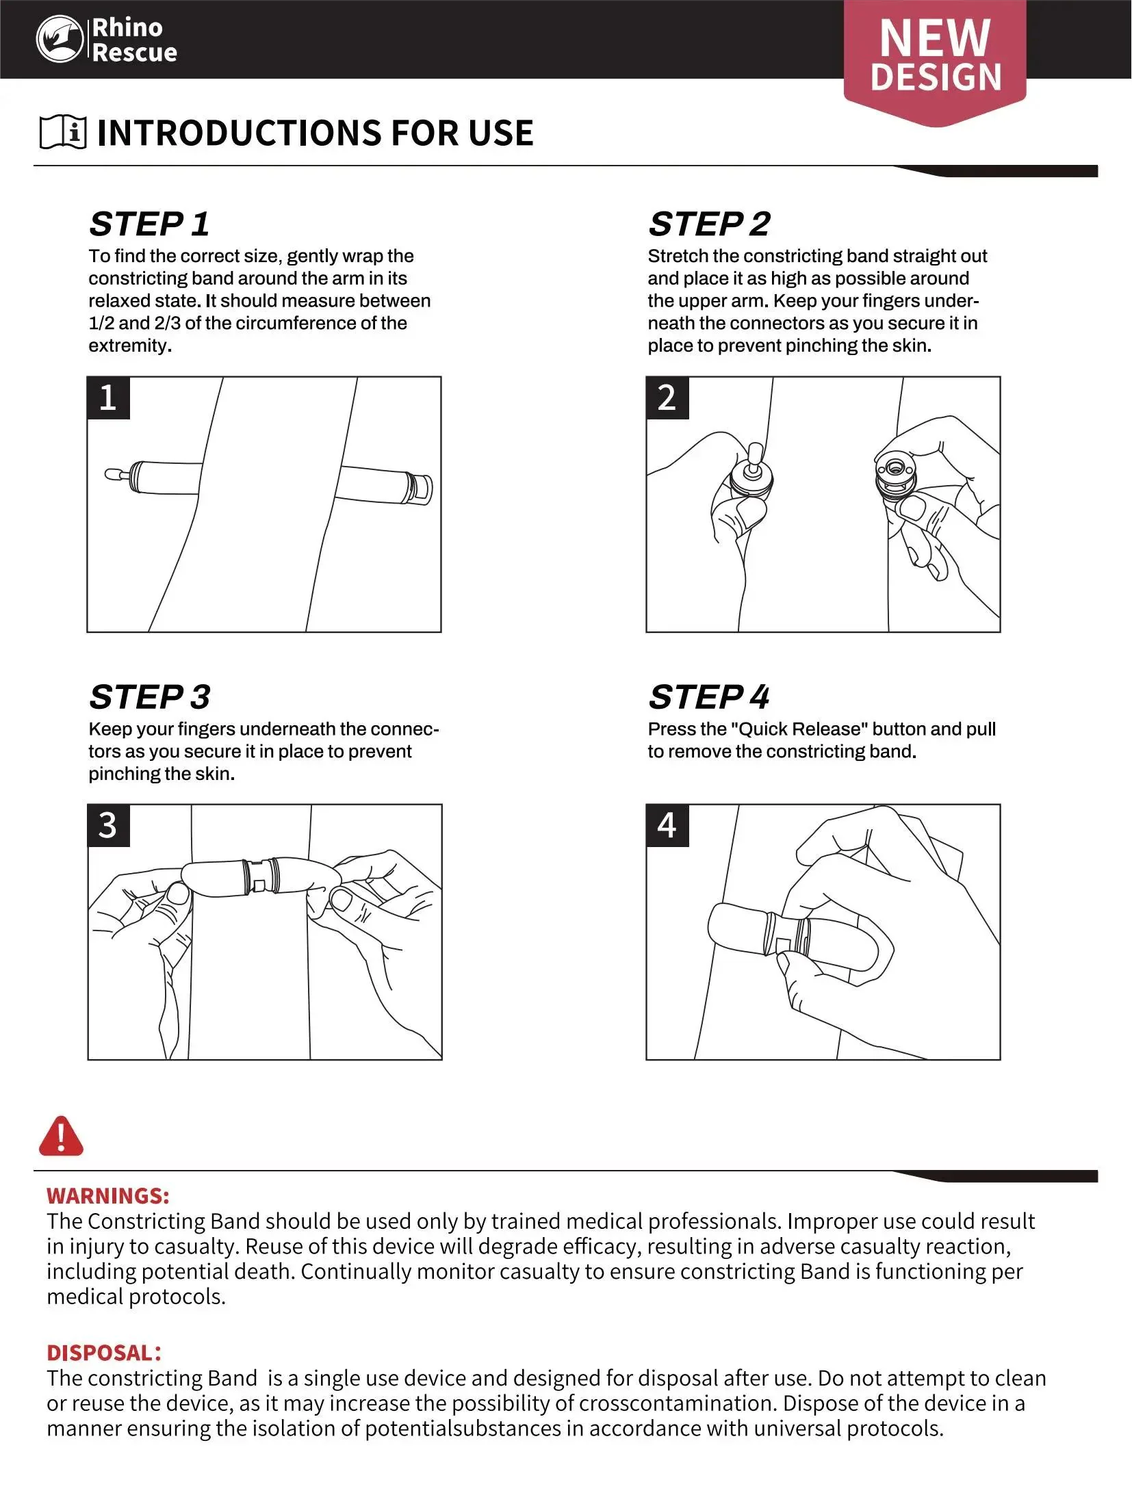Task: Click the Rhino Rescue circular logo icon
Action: pos(60,40)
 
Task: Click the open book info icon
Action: pos(63,131)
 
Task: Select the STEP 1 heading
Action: pos(149,224)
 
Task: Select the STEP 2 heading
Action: pos(709,224)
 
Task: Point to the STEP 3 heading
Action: pos(149,697)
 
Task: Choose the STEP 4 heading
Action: pos(709,697)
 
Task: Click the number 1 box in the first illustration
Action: pos(108,398)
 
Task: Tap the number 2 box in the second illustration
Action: pos(667,398)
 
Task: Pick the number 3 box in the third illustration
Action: pos(108,825)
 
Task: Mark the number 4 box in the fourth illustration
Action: pos(667,825)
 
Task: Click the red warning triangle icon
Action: pos(62,1136)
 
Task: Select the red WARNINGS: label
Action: pos(108,1195)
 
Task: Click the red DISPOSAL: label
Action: pos(104,1353)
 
